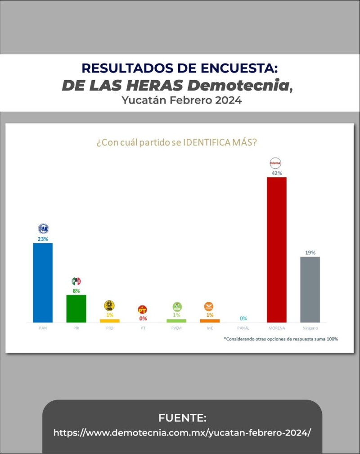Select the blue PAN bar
click(43, 282)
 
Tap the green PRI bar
click(76, 309)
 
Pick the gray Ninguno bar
click(310, 289)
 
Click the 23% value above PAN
click(43, 239)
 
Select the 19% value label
click(310, 253)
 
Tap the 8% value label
click(76, 291)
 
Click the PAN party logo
click(43, 229)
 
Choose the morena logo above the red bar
click(276, 163)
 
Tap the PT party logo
click(143, 310)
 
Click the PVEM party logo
click(176, 307)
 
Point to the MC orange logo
click(209, 307)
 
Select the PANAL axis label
click(243, 328)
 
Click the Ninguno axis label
click(310, 328)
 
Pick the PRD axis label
click(109, 328)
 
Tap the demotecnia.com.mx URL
click(182, 433)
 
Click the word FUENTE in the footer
click(182, 418)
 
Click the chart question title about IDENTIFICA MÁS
click(176, 143)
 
